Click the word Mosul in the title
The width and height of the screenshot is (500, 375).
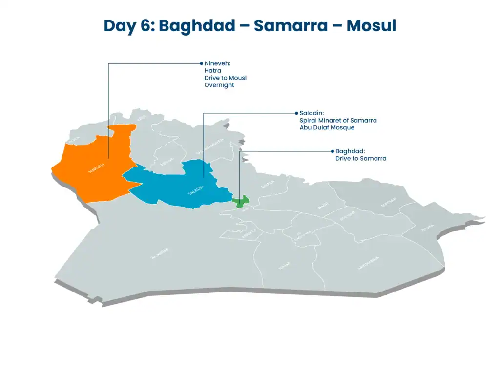[x=371, y=25]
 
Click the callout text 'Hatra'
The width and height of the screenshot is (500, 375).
[x=213, y=71]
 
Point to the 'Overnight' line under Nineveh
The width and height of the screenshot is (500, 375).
[x=219, y=85]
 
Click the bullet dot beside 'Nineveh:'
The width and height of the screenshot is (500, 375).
[x=201, y=63]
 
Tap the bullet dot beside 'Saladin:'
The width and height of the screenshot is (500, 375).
[x=296, y=113]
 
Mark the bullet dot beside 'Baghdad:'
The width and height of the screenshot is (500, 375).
[x=332, y=151]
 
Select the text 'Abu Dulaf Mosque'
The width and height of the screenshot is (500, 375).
[x=327, y=127]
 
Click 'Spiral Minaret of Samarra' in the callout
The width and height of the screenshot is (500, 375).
[x=338, y=120]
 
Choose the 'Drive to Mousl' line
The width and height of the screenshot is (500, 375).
[x=226, y=78]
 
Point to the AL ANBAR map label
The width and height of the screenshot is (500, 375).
[x=160, y=253]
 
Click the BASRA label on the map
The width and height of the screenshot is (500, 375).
[x=427, y=228]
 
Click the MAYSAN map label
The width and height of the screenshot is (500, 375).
[x=389, y=202]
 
